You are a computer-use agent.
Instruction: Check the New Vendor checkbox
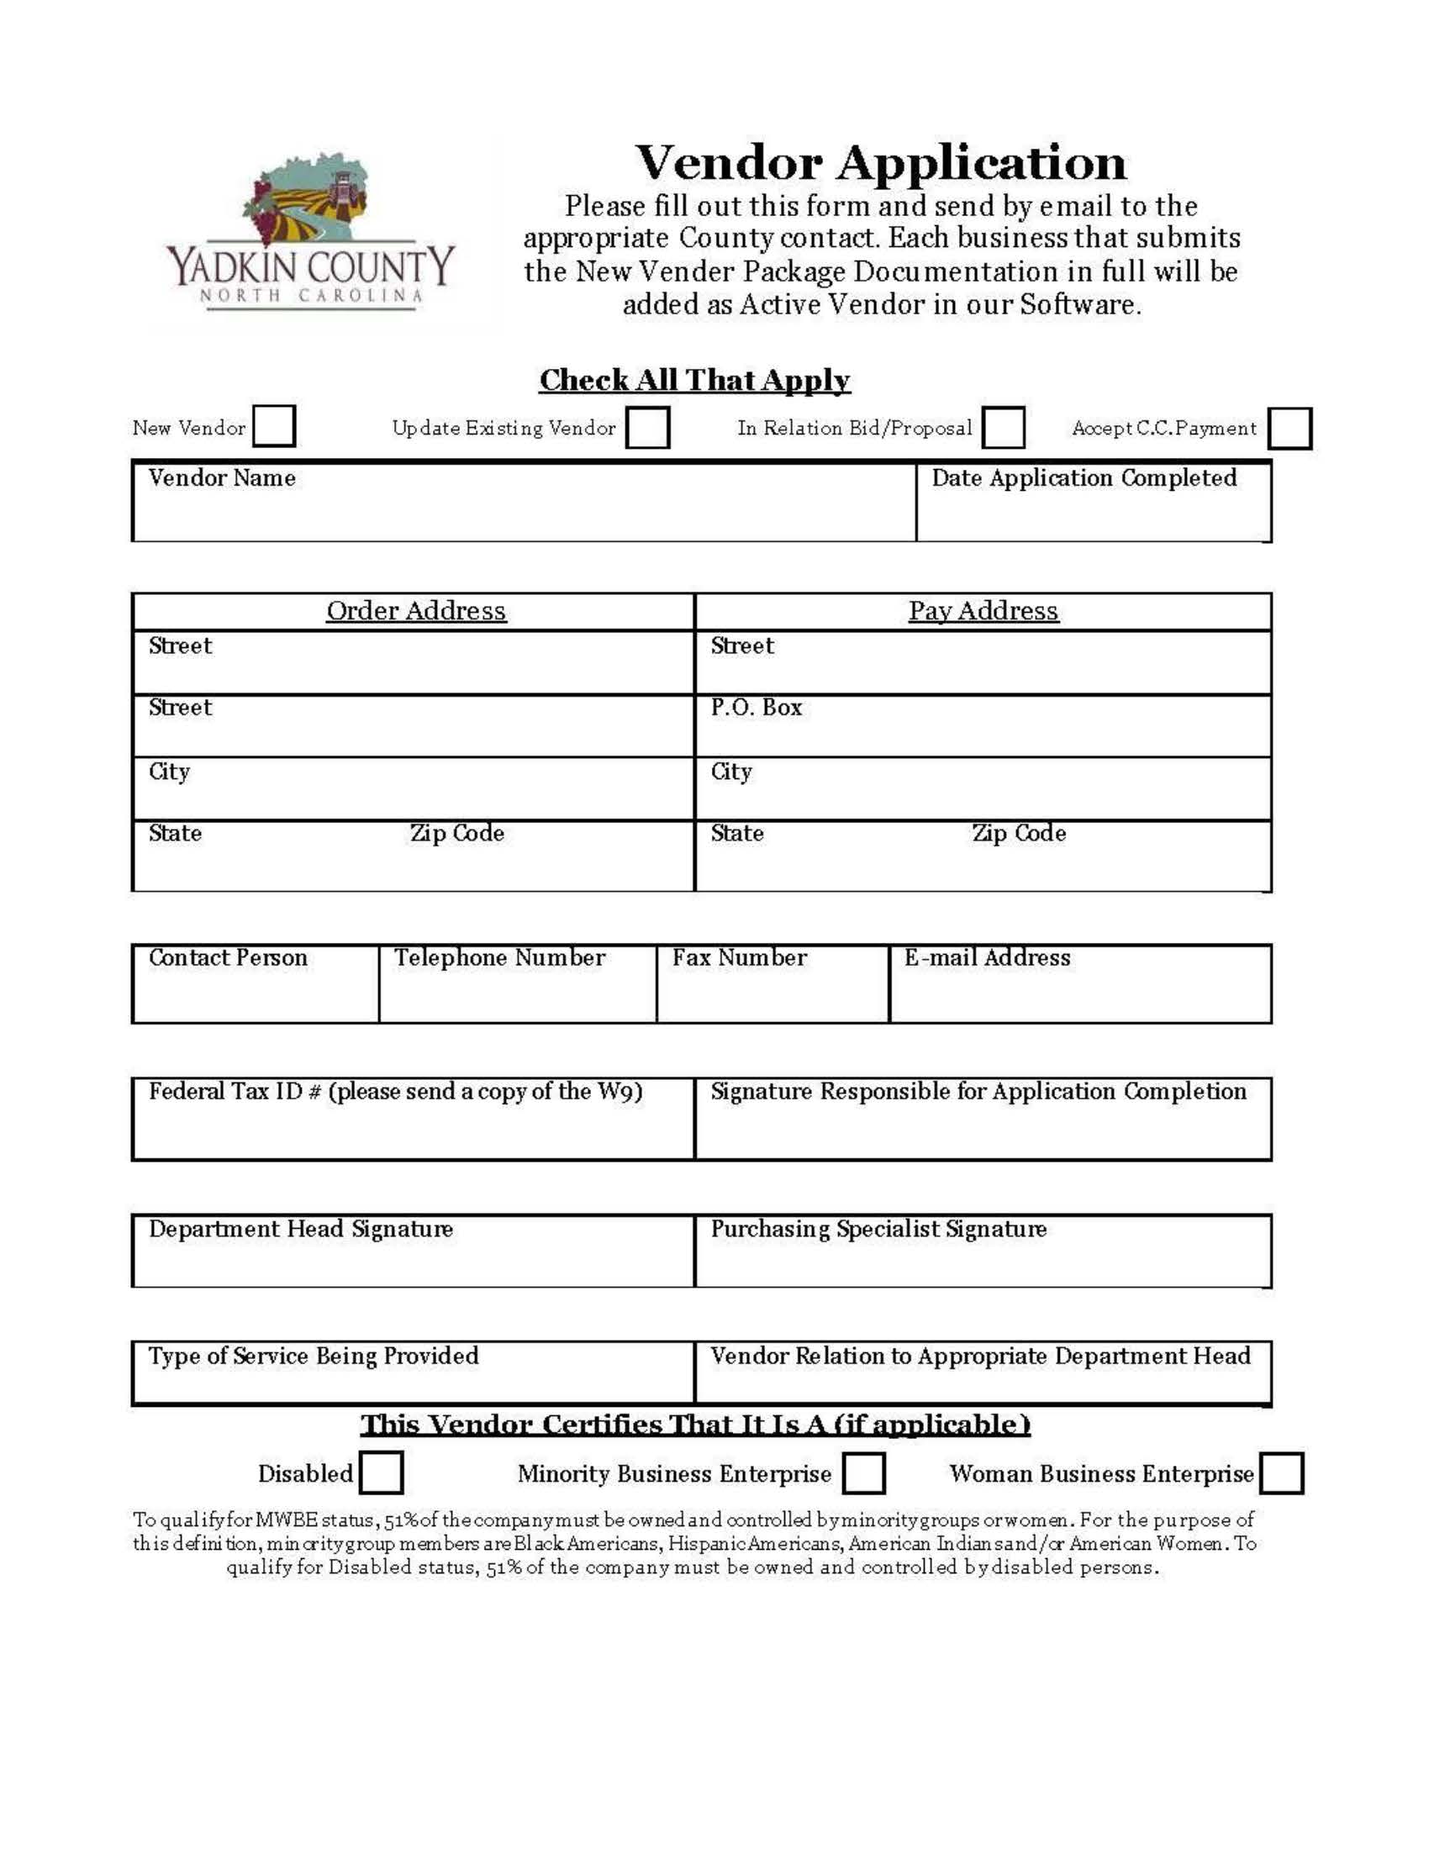274,426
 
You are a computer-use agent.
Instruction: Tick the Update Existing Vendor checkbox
647,427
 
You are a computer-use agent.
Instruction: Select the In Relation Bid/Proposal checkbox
1004,427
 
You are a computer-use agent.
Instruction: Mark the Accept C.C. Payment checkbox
1290,428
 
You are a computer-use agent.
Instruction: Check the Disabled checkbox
381,1472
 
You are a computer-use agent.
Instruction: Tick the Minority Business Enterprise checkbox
864,1473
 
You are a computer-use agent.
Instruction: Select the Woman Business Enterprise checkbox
1282,1473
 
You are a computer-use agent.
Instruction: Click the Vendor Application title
880,162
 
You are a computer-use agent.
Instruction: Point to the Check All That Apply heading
694,380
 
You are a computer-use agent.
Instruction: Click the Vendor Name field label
222,478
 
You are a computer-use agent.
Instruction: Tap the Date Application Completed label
1084,478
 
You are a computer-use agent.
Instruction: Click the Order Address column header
415,611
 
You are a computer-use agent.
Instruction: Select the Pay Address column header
983,611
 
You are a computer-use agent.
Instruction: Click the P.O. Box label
756,708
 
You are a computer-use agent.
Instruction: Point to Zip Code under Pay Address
1019,834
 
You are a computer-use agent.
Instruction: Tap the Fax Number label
739,958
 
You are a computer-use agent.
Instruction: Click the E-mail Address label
987,958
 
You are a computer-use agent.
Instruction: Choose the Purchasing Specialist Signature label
878,1230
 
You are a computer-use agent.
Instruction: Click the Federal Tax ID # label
395,1092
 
